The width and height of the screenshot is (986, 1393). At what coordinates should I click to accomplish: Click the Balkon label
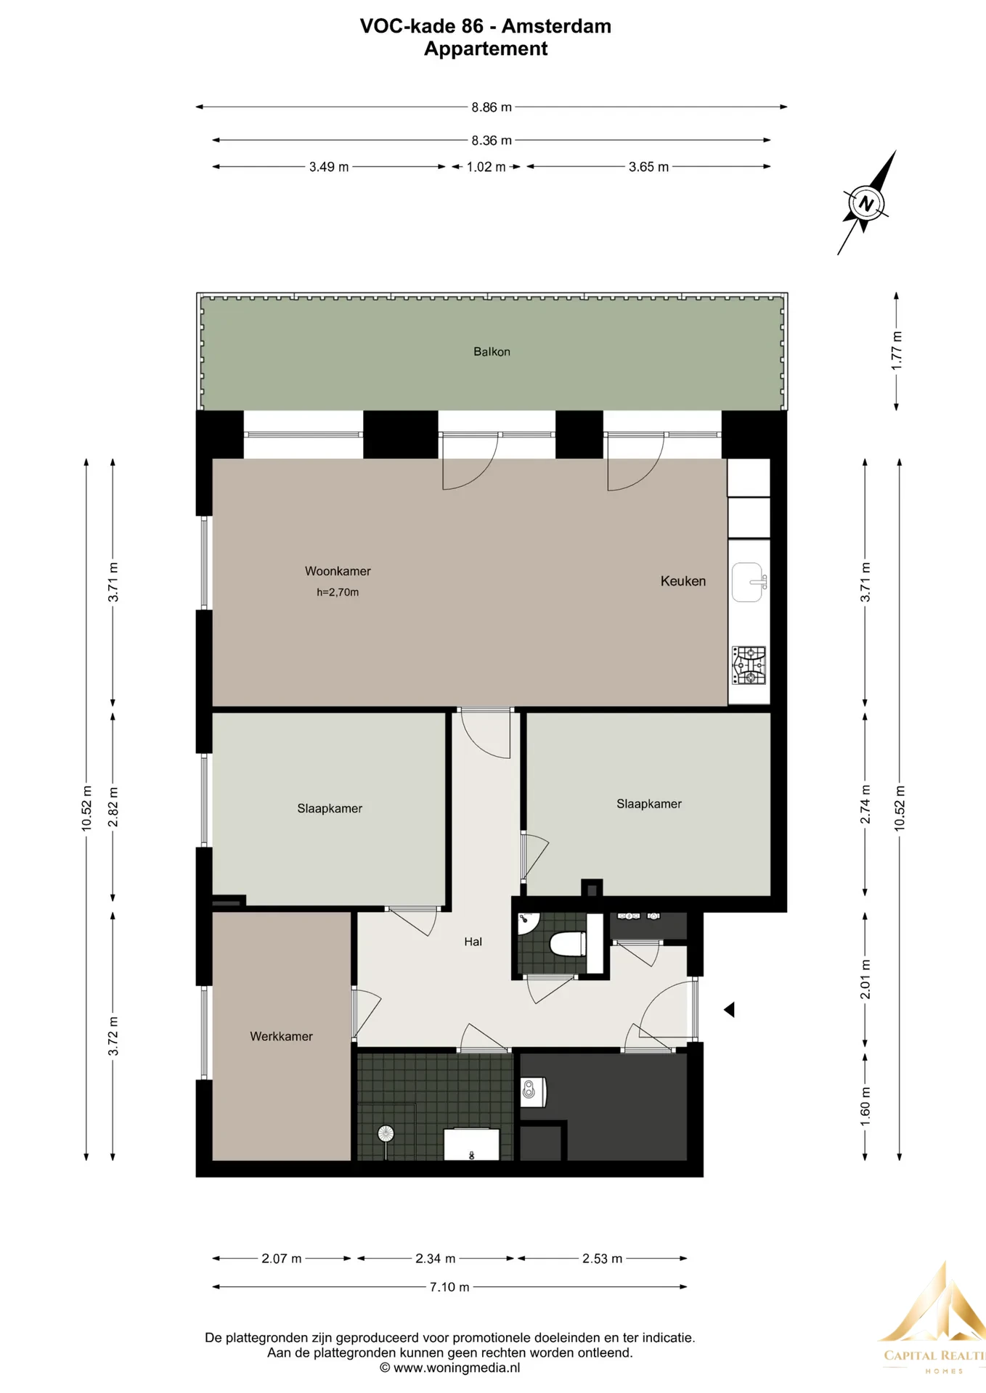click(492, 352)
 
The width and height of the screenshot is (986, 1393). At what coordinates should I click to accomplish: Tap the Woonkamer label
click(338, 571)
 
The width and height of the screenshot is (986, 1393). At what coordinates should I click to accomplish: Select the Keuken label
click(683, 581)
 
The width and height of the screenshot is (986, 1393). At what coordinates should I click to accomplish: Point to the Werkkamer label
click(281, 1037)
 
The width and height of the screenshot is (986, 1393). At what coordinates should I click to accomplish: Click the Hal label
click(473, 942)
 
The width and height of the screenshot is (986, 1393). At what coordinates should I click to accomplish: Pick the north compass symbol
click(866, 202)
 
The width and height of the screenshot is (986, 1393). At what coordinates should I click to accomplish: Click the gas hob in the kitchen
click(749, 665)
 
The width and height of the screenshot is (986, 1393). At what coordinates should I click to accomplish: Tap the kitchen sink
click(749, 583)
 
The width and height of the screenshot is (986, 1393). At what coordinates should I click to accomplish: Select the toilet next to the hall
click(568, 944)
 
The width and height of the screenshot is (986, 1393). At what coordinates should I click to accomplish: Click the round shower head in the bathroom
click(385, 1133)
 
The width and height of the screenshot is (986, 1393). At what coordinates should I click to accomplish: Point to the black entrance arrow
click(729, 1009)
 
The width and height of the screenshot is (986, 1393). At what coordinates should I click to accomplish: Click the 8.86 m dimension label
click(492, 107)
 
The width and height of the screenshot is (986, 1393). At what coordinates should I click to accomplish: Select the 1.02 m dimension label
click(486, 167)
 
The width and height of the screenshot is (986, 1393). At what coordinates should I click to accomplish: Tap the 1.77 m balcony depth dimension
click(897, 350)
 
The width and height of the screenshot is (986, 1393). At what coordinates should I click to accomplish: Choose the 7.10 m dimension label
click(449, 1287)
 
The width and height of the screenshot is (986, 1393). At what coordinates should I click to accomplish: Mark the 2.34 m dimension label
click(436, 1259)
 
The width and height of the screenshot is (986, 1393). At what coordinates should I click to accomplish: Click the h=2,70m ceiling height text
click(338, 592)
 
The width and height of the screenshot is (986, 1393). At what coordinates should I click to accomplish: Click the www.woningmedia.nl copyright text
click(449, 1368)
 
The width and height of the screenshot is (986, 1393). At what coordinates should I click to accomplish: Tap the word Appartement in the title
click(486, 49)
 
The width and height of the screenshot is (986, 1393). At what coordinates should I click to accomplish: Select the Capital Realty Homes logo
click(933, 1319)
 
